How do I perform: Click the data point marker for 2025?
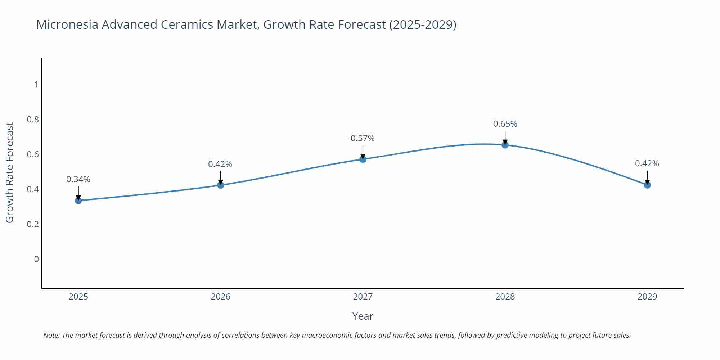tap(78, 200)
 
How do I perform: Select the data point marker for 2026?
tap(221, 185)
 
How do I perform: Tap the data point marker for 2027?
tap(363, 159)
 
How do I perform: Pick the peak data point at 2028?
tap(505, 145)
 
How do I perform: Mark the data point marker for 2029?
tap(647, 185)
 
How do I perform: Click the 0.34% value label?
tap(78, 179)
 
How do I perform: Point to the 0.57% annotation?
tap(363, 138)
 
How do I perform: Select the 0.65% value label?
tap(505, 124)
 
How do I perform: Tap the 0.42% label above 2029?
tap(647, 164)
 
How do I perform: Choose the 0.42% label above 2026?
tap(220, 164)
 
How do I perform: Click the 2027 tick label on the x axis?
tap(363, 297)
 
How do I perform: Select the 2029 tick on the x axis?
tap(647, 297)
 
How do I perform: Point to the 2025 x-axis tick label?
tap(78, 297)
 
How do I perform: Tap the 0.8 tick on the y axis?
tap(33, 119)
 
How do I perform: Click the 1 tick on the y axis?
tap(36, 85)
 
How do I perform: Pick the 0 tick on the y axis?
tap(36, 259)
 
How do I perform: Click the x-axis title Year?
tap(363, 316)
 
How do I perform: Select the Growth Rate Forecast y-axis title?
tap(10, 172)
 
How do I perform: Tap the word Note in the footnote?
tap(51, 335)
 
